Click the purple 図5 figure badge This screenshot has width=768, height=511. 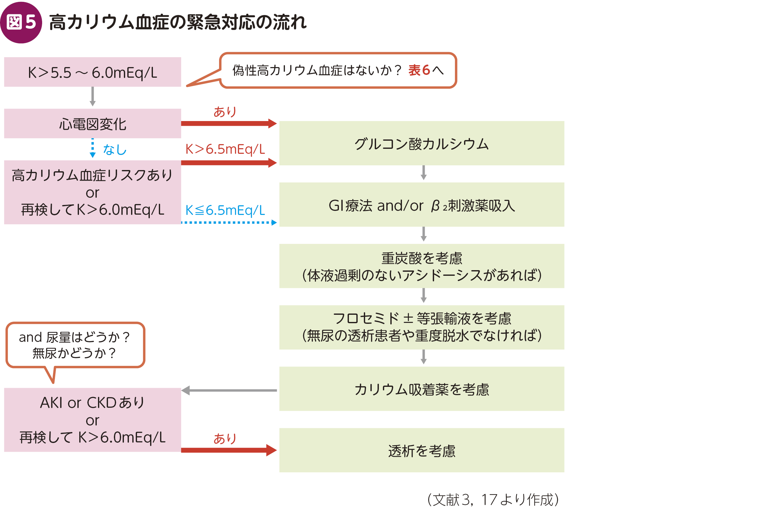coord(21,22)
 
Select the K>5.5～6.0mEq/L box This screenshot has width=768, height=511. coord(93,72)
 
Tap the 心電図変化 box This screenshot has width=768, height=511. coord(93,124)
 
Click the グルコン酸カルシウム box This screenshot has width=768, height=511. coord(422,144)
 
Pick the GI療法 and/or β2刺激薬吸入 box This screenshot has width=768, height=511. coord(422,205)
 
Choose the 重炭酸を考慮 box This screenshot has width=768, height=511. coord(422,266)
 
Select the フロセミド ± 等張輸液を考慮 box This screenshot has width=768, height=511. coord(422,327)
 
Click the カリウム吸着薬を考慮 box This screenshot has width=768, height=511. coord(422,389)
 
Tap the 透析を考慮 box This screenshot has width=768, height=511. coord(422,450)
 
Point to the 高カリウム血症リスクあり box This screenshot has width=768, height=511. coord(93,192)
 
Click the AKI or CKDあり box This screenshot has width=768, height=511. coord(93,420)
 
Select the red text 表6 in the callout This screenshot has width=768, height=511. coord(419,70)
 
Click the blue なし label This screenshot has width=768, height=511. coord(115,149)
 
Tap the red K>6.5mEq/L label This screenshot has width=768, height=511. coord(225,149)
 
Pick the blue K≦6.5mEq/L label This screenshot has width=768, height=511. coord(225,210)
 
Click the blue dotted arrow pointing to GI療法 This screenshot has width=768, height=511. coord(228,222)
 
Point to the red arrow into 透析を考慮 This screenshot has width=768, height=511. coord(228,450)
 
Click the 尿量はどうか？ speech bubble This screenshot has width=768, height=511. coord(75,345)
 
